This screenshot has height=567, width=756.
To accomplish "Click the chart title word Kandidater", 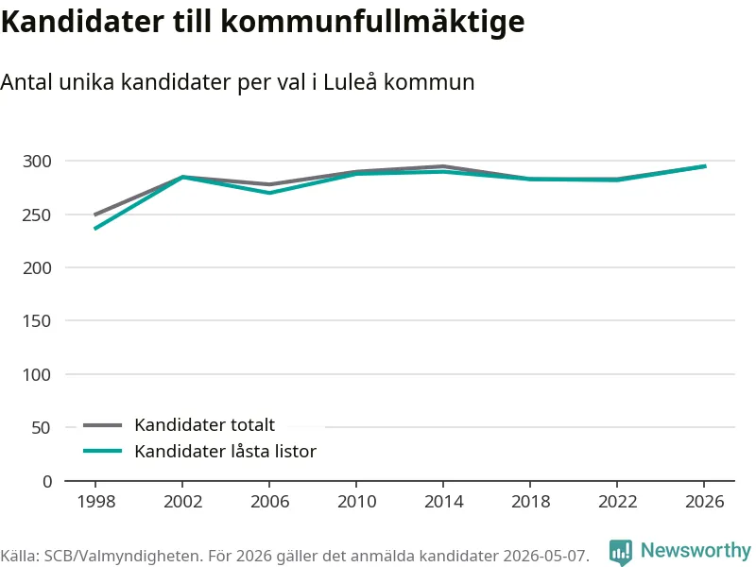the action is (82, 21).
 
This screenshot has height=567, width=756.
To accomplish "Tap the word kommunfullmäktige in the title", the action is (372, 23).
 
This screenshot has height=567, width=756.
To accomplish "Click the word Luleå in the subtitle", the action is (350, 81).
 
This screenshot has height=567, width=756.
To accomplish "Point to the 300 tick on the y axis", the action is (37, 161).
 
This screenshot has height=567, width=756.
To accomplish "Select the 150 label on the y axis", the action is (37, 320).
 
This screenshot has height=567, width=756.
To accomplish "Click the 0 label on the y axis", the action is (47, 481).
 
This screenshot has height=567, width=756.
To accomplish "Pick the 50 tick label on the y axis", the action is (41, 428).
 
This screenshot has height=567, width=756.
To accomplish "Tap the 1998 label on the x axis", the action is (96, 502).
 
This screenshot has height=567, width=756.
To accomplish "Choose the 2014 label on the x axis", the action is (443, 502).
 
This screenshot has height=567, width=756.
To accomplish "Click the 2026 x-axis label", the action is (704, 502).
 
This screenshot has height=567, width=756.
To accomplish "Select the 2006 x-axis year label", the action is (269, 502).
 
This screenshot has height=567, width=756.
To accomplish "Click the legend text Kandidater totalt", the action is (204, 424).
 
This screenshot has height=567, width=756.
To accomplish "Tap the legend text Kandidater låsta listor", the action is (225, 452).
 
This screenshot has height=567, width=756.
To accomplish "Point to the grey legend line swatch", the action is (103, 425).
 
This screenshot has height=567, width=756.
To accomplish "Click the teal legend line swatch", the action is (103, 452).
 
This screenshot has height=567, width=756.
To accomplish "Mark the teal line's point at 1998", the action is (95, 228).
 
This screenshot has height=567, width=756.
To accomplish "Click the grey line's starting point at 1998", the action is (95, 215).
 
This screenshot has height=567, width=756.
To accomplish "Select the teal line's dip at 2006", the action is (269, 193).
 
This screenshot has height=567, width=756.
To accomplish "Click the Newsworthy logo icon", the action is (621, 552).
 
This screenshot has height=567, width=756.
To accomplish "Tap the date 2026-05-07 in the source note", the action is (545, 556).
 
